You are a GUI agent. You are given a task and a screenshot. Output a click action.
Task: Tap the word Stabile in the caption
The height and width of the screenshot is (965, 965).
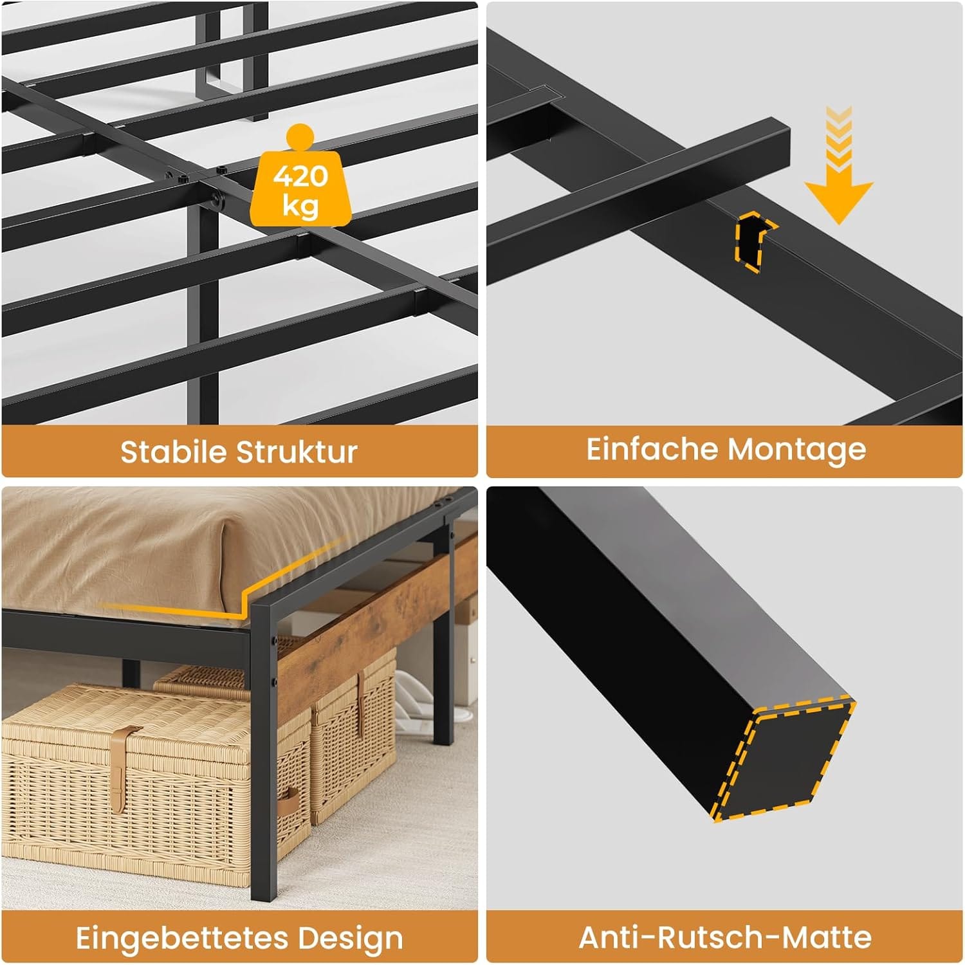tap(173, 452)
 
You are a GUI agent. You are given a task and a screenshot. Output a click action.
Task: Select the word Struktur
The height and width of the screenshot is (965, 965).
tap(297, 452)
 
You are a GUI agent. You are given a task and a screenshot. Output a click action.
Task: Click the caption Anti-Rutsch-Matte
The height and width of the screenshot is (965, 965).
tap(725, 937)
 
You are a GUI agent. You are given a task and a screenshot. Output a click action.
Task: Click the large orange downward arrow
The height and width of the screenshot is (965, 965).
tap(838, 166)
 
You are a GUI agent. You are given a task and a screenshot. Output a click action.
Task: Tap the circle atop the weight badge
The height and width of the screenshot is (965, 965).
tap(300, 140)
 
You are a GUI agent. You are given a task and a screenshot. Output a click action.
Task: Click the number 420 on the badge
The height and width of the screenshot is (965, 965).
tap(300, 176)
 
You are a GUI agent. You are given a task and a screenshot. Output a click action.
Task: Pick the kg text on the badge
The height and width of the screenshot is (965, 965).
tap(300, 206)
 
